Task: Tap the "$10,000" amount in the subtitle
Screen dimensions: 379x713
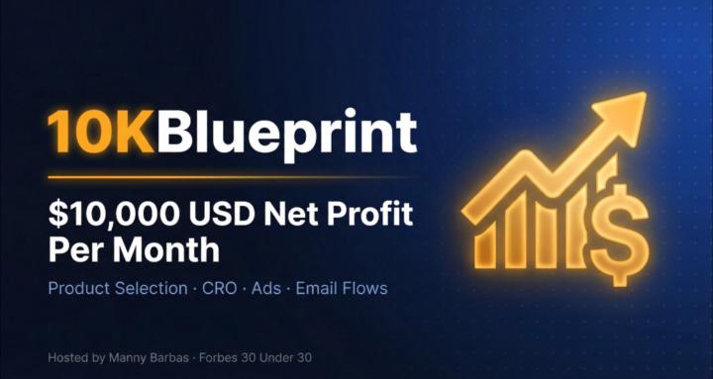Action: (x=106, y=213)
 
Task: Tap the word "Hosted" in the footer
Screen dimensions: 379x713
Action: (x=66, y=356)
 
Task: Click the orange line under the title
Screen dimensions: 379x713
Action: (x=228, y=177)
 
